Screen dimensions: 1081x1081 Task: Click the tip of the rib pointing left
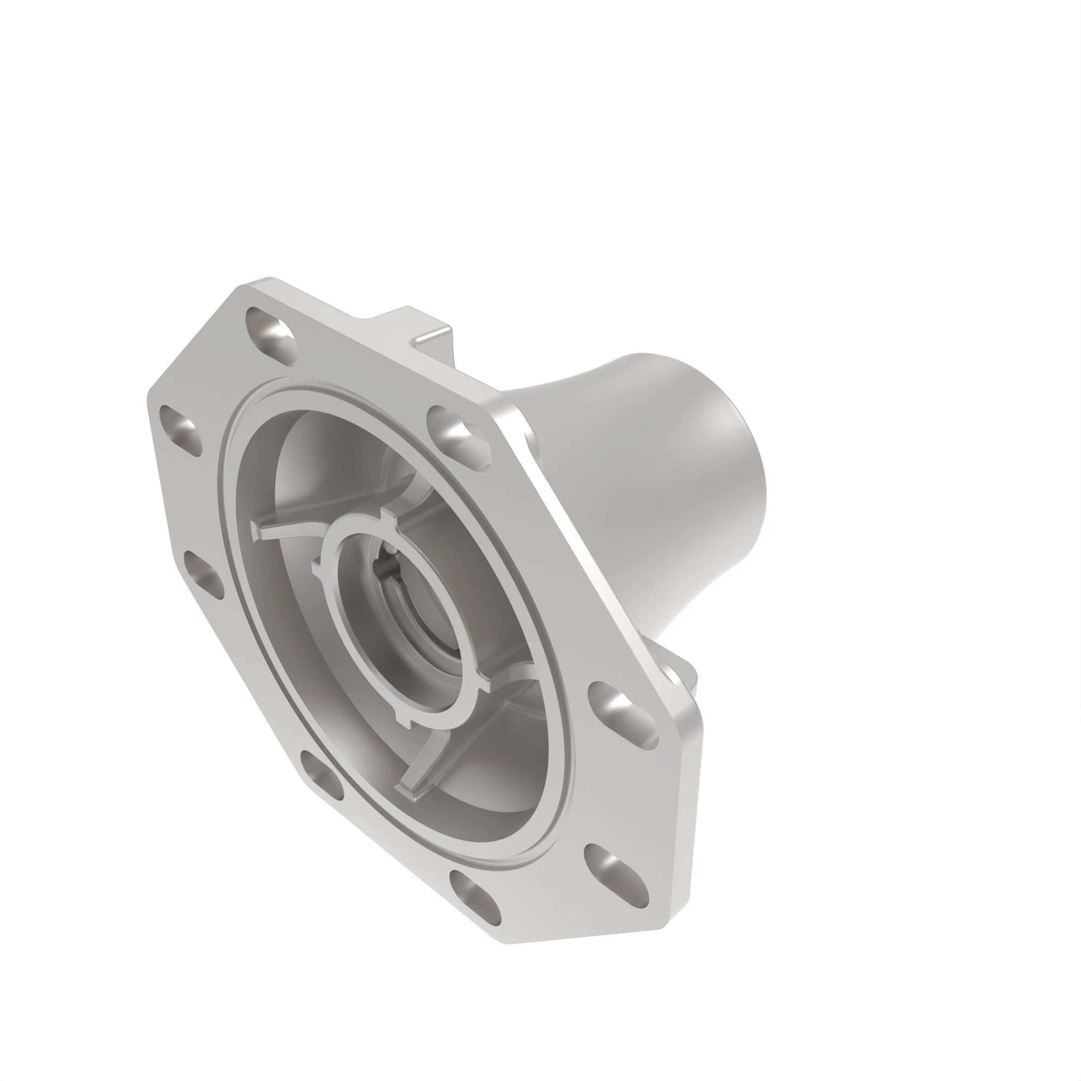pos(258,530)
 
